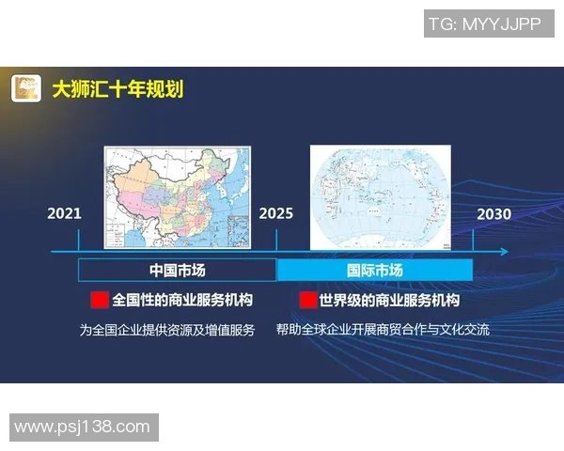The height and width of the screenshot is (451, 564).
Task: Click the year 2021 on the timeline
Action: (x=65, y=213)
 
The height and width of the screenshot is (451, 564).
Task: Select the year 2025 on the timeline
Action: (x=276, y=213)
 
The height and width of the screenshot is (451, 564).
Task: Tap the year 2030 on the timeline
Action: (x=493, y=213)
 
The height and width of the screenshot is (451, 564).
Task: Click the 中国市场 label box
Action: (x=178, y=271)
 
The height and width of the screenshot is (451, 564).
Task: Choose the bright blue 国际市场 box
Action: (x=375, y=271)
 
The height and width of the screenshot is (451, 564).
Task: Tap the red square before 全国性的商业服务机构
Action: (x=99, y=301)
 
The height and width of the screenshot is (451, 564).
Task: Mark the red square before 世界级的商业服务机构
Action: (x=306, y=301)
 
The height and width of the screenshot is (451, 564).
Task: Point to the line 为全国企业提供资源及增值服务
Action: (x=167, y=330)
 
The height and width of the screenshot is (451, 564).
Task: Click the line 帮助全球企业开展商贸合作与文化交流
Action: (x=383, y=330)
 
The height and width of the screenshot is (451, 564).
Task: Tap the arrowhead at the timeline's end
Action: (x=505, y=252)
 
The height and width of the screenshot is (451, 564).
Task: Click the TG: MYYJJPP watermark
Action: (x=485, y=24)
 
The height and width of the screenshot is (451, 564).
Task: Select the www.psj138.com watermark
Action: (x=83, y=427)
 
